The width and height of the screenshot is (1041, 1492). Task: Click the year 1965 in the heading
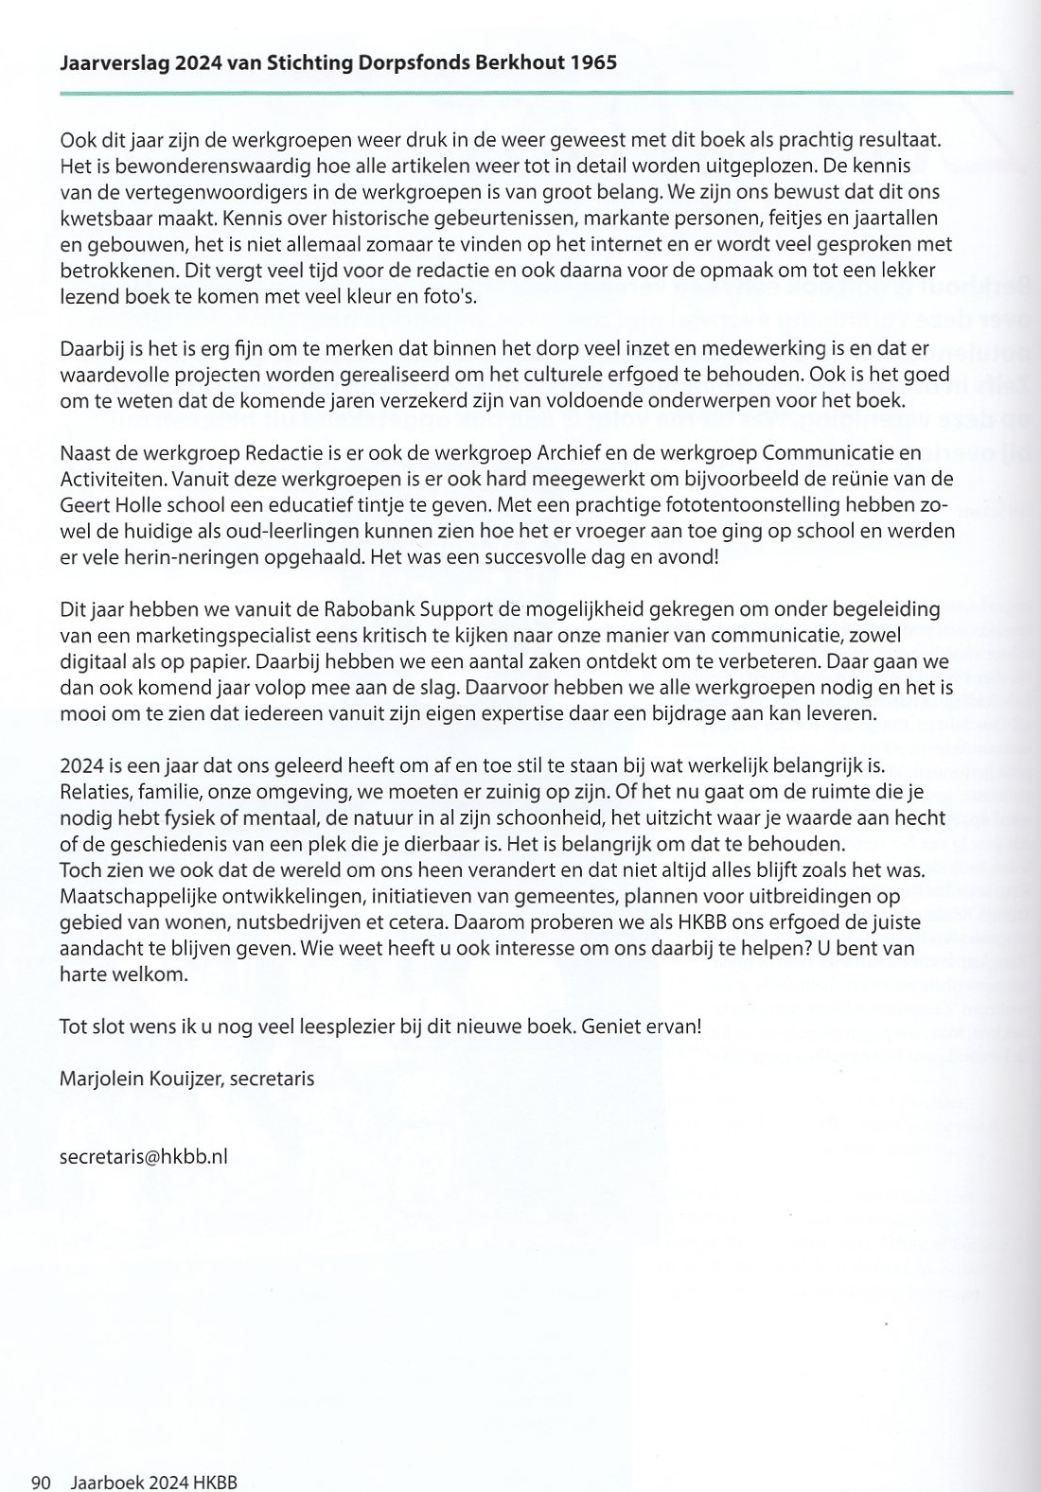[594, 63]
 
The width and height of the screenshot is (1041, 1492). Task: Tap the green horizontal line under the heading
[536, 93]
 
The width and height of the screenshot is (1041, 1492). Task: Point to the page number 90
[41, 1483]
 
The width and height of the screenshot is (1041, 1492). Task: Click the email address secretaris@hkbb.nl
[143, 1156]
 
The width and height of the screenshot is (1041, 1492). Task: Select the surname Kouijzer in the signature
[178, 1078]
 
